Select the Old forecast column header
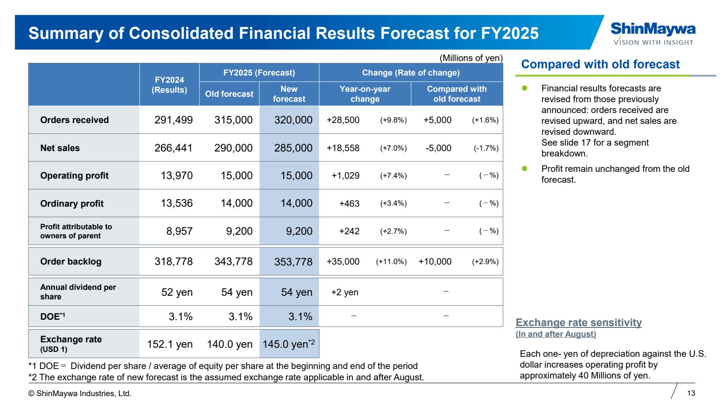tap(229, 94)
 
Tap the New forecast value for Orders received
tap(293, 120)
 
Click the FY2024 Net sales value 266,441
tap(173, 148)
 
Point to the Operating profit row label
tap(74, 175)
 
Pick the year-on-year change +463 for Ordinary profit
tap(349, 203)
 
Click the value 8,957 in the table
tap(179, 231)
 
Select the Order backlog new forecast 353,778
tap(293, 262)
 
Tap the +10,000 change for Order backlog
tap(434, 261)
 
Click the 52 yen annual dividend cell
tap(176, 292)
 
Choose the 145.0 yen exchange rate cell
tap(288, 344)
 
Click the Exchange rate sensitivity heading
tap(578, 322)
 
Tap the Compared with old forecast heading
tap(600, 64)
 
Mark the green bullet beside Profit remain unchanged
tap(524, 169)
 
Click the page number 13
tap(691, 393)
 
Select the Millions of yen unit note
tap(471, 58)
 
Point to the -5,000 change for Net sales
tap(438, 148)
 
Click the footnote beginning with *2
tap(226, 377)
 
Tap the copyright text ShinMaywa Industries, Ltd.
tap(80, 393)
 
